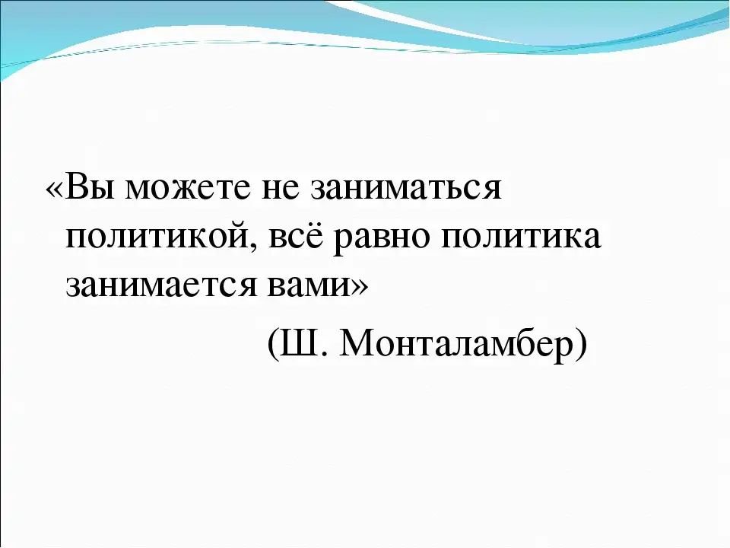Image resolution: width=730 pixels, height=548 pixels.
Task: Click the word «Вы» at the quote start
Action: tap(90, 187)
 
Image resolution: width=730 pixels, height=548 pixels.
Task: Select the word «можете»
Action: tap(188, 189)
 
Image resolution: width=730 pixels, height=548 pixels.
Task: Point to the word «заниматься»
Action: tap(405, 189)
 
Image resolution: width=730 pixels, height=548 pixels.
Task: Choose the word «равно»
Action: tap(382, 240)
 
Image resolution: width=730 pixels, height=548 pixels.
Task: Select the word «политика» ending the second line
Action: tap(521, 237)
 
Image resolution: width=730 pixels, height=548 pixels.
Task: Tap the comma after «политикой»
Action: tap(253, 247)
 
